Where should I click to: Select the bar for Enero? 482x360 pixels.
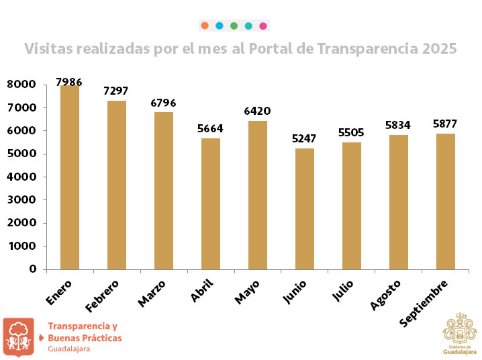coord(70,177)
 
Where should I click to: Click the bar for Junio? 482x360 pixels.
coord(305,209)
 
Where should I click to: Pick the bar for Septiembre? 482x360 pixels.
coord(446,201)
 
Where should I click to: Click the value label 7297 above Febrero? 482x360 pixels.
coord(115,91)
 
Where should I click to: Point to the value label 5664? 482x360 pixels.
coord(210,129)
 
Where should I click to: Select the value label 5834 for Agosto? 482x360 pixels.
coord(398,125)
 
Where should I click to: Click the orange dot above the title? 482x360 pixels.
coord(204,26)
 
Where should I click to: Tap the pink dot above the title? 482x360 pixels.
coord(263,26)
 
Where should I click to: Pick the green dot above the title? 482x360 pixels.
coord(234,26)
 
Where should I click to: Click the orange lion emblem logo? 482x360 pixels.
coord(18,336)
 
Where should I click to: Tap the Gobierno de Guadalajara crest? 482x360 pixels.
coord(460,332)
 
